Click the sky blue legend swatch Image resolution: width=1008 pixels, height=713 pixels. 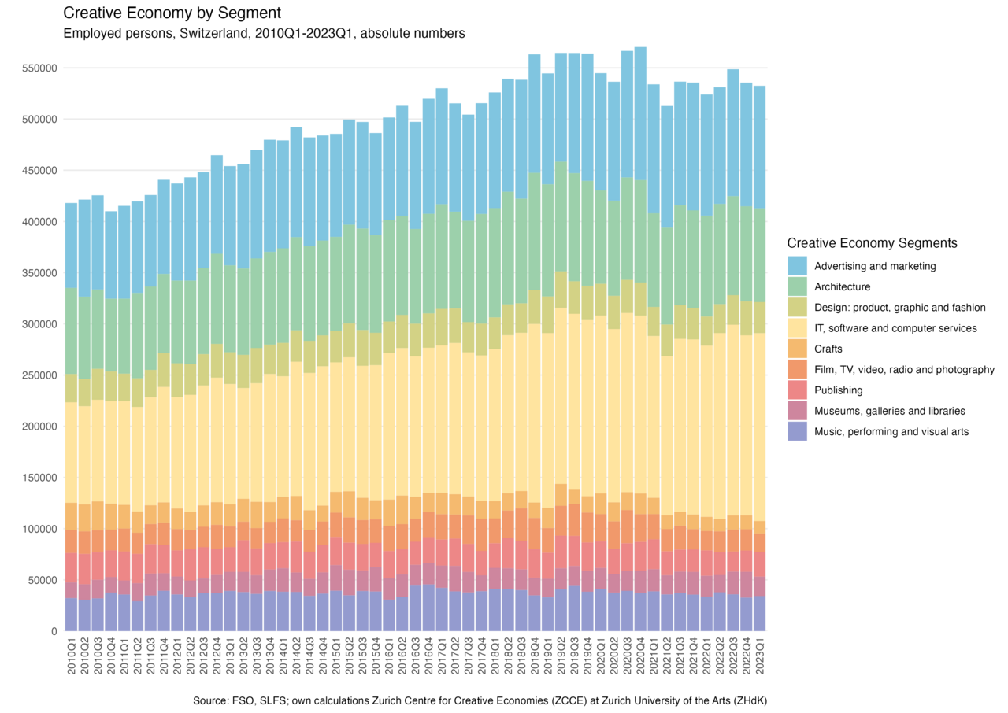click(x=797, y=266)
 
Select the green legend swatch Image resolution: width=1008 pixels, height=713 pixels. click(x=797, y=286)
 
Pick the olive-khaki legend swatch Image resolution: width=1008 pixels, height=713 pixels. click(x=797, y=307)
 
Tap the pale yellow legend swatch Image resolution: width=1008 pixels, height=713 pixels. click(x=797, y=328)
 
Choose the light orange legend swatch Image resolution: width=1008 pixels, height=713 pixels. click(x=797, y=349)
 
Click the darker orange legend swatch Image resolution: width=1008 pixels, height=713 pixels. click(x=797, y=369)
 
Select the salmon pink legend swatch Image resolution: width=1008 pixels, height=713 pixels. click(x=797, y=390)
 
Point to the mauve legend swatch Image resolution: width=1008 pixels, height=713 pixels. click(x=797, y=411)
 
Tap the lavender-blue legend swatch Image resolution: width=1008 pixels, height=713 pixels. click(x=797, y=431)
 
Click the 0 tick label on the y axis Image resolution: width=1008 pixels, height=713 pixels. click(x=54, y=631)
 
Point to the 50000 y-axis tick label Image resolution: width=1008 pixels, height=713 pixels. click(x=43, y=580)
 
